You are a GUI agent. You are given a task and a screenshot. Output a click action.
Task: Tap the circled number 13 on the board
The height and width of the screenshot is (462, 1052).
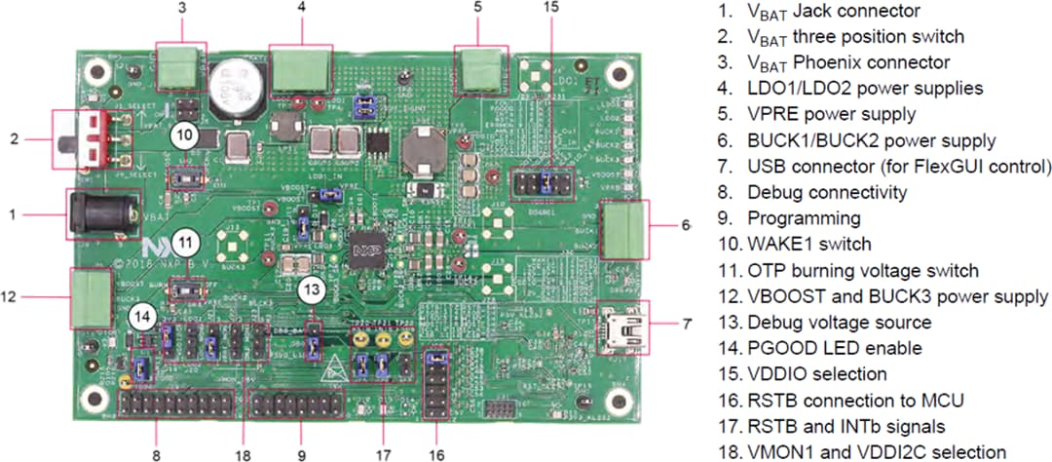[x=311, y=289]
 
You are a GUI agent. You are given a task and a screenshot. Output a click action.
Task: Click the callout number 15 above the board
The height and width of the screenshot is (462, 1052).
[x=551, y=8]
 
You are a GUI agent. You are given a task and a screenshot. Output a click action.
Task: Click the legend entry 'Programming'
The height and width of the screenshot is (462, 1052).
[x=790, y=218]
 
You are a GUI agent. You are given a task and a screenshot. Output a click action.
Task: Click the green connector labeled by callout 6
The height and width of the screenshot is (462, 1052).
[x=624, y=225]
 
